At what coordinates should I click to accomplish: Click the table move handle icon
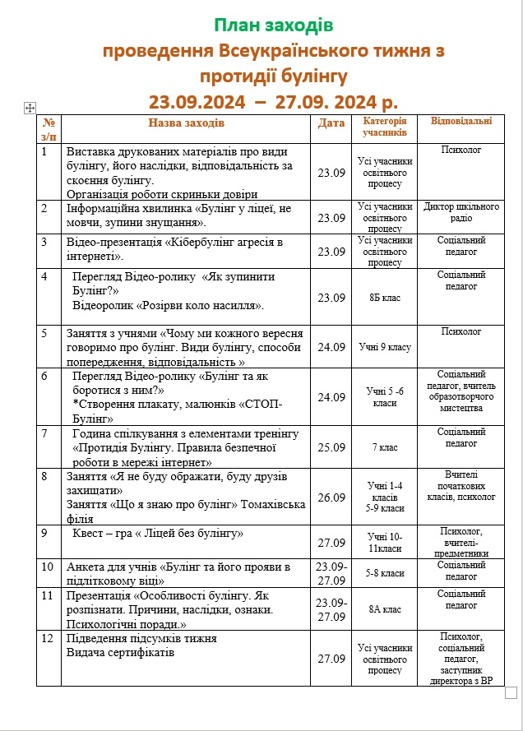[x=30, y=107]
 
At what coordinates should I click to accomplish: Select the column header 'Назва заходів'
[x=186, y=123]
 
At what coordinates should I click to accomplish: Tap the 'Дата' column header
[x=331, y=123]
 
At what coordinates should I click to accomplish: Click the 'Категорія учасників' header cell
[x=384, y=127]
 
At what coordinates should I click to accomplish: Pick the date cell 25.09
[x=331, y=448]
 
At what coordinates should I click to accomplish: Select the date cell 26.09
[x=331, y=497]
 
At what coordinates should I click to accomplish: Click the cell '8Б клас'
[x=384, y=298]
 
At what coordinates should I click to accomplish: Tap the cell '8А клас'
[x=384, y=609]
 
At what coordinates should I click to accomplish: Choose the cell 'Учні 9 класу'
[x=384, y=347]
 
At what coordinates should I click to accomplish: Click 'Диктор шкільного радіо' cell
[x=461, y=212]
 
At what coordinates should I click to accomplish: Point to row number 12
[x=48, y=637]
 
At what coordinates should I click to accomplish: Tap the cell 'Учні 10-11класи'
[x=384, y=543]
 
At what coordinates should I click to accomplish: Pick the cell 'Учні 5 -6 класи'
[x=384, y=397]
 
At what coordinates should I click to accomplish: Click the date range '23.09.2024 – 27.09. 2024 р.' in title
[x=273, y=101]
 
